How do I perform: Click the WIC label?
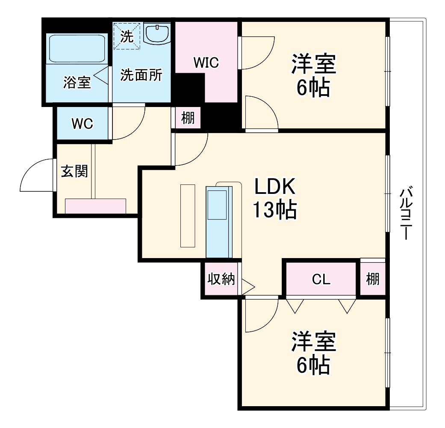pyautogui.click(x=206, y=62)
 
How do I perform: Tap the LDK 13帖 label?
pyautogui.click(x=274, y=199)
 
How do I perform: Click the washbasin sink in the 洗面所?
pyautogui.click(x=157, y=34)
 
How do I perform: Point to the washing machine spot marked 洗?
pyautogui.click(x=127, y=36)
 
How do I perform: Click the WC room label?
pyautogui.click(x=82, y=124)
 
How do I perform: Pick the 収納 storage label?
pyautogui.click(x=221, y=279)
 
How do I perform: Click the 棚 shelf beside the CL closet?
pyautogui.click(x=372, y=279)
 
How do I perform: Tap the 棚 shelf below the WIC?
pyautogui.click(x=188, y=118)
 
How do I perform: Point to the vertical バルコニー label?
pyautogui.click(x=406, y=214)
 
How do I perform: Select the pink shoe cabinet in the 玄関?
pyautogui.click(x=95, y=206)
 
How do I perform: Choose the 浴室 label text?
pyautogui.click(x=77, y=82)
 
